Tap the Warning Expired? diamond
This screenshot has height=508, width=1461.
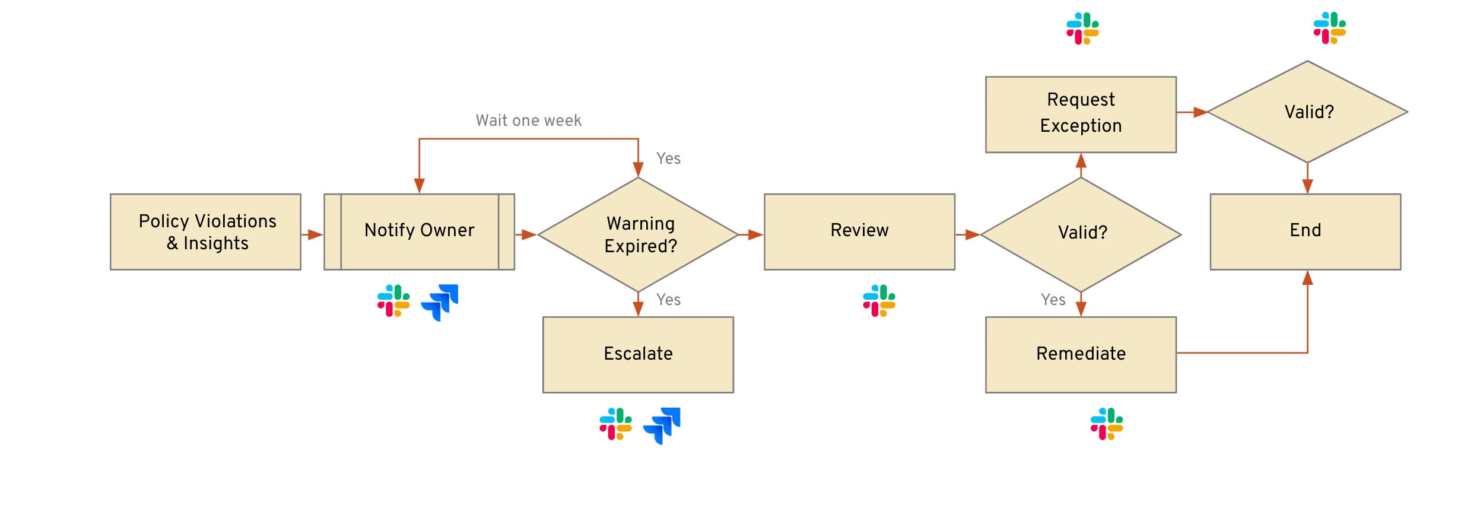(638, 234)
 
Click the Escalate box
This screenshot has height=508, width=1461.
(638, 354)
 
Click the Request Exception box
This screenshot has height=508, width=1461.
(1081, 115)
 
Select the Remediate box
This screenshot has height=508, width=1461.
(1081, 354)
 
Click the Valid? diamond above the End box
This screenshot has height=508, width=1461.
(1307, 112)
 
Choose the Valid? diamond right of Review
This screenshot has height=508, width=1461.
(1081, 234)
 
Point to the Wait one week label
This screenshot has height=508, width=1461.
(528, 120)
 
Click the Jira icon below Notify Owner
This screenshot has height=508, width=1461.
(440, 302)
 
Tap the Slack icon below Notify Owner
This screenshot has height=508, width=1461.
(393, 301)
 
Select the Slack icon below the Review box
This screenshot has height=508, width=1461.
(879, 301)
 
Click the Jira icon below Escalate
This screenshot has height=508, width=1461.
(662, 425)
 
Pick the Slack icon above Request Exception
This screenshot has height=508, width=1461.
(1082, 28)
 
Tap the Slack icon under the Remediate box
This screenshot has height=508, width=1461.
(1106, 424)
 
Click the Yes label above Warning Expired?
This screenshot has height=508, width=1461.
(668, 158)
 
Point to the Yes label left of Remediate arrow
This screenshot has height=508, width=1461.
(1053, 300)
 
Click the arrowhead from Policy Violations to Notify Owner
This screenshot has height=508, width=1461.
(316, 235)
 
